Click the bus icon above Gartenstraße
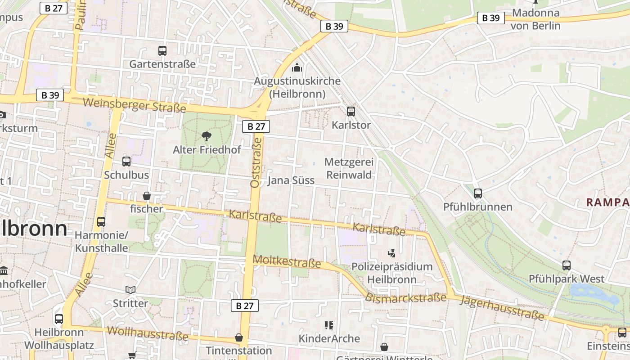pyautogui.click(x=162, y=51)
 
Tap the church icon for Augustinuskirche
pyautogui.click(x=297, y=68)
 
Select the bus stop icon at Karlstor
pyautogui.click(x=351, y=111)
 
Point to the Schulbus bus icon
pyautogui.click(x=126, y=162)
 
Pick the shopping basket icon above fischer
pyautogui.click(x=147, y=196)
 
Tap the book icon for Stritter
pyautogui.click(x=130, y=290)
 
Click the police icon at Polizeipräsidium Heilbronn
pyautogui.click(x=391, y=253)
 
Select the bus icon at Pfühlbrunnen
pyautogui.click(x=478, y=193)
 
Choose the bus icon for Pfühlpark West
pyautogui.click(x=567, y=265)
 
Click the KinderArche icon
pyautogui.click(x=329, y=325)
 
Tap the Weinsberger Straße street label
pyautogui.click(x=135, y=105)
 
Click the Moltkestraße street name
pyautogui.click(x=287, y=261)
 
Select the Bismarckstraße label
pyautogui.click(x=405, y=298)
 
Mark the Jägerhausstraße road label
pyautogui.click(x=502, y=308)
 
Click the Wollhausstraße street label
pyautogui.click(x=148, y=333)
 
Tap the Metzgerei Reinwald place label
pyautogui.click(x=349, y=168)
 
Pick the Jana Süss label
pyautogui.click(x=291, y=181)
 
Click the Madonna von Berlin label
pyautogui.click(x=535, y=19)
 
